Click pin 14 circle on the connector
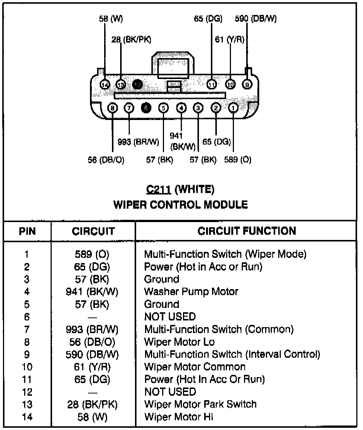[x=105, y=85]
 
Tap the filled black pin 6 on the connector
[x=146, y=108]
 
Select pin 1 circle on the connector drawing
[x=233, y=108]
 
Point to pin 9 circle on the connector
[x=247, y=85]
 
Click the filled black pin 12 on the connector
[x=138, y=85]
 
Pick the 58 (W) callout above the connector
[x=110, y=19]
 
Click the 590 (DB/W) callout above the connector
[x=256, y=19]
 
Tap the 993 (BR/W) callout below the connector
[x=138, y=142]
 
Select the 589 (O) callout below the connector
[x=238, y=160]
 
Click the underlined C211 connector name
[x=158, y=190]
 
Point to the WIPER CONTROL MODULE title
[x=180, y=204]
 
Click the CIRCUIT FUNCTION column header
[x=247, y=231]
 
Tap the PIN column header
[x=27, y=231]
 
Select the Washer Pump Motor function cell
[x=191, y=291]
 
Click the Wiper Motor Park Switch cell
[x=200, y=404]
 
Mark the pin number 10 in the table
[x=27, y=367]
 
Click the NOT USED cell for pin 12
[x=170, y=392]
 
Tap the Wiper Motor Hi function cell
[x=179, y=417]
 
